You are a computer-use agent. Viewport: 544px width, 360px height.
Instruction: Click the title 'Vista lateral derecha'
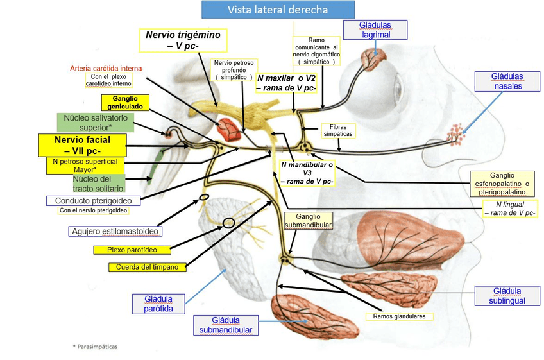[278, 10]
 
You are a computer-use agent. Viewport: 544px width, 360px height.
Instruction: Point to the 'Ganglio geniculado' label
[125, 103]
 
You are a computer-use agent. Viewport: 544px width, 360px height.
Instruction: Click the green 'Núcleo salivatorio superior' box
[95, 123]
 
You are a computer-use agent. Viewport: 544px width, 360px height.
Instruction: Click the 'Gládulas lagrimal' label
[376, 30]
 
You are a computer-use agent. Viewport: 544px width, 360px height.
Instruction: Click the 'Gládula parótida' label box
[158, 304]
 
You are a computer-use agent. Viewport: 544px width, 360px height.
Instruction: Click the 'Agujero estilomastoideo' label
[114, 231]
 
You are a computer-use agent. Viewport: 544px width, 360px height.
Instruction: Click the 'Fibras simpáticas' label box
[337, 131]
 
